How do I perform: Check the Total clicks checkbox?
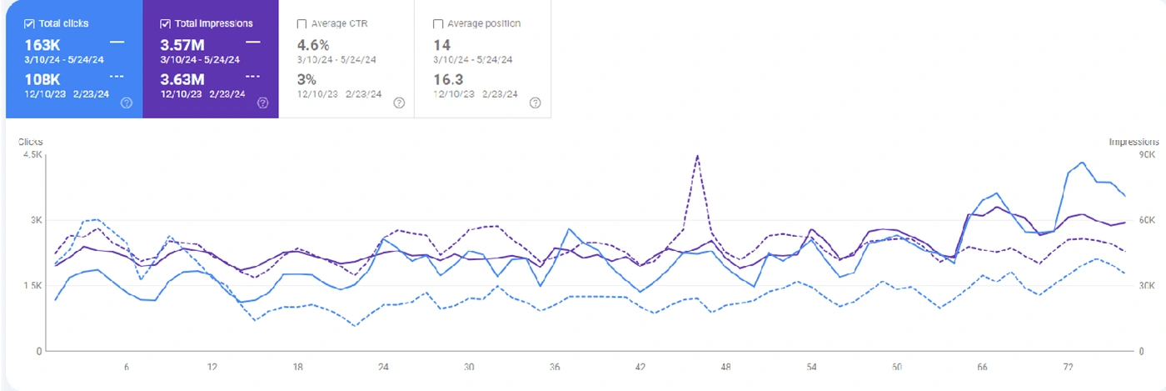click(x=29, y=23)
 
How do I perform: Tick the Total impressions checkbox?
click(x=165, y=23)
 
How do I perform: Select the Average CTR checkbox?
click(x=301, y=23)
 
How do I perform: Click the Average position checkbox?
click(x=438, y=23)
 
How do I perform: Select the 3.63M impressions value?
click(x=181, y=79)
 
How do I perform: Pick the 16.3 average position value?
click(x=449, y=79)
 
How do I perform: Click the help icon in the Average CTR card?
click(x=399, y=103)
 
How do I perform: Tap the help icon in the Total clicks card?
click(x=127, y=103)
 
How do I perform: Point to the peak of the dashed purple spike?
click(x=697, y=156)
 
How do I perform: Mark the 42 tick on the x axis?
click(x=640, y=366)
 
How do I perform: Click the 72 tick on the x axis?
click(x=1069, y=366)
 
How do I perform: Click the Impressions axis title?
click(x=1134, y=143)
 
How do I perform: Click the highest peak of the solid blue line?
click(x=1081, y=163)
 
